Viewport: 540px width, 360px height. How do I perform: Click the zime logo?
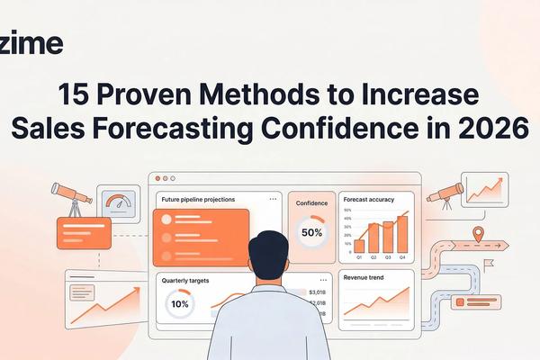click(x=31, y=43)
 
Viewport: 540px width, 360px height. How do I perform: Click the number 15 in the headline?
click(x=76, y=94)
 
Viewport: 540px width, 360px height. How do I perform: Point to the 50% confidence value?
click(x=311, y=232)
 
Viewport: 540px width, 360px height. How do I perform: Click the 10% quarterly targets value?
click(x=180, y=304)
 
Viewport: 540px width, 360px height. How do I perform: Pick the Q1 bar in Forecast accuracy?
click(x=360, y=245)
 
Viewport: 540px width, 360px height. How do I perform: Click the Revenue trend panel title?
click(x=364, y=278)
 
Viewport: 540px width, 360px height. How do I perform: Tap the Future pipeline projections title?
click(x=199, y=199)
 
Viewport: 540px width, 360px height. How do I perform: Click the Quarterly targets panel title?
click(x=185, y=281)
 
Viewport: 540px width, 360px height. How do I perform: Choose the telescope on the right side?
click(x=445, y=193)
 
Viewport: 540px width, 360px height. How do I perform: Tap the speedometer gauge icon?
click(x=118, y=202)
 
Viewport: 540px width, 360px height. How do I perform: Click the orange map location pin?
click(x=478, y=234)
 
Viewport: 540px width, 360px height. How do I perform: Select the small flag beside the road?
click(x=489, y=265)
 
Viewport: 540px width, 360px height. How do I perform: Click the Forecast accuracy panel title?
click(x=369, y=201)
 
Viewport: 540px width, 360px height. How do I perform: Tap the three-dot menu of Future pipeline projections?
click(x=273, y=199)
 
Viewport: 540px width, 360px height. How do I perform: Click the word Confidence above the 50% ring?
click(x=311, y=203)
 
